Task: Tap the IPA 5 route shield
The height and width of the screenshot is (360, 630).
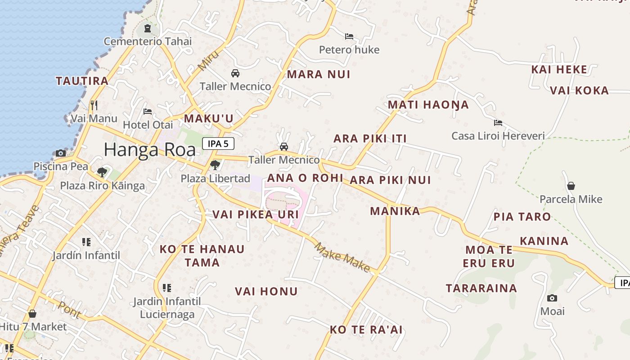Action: click(x=218, y=144)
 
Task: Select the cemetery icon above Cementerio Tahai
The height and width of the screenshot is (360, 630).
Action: click(x=147, y=29)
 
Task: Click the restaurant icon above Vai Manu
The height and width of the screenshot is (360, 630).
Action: click(x=94, y=105)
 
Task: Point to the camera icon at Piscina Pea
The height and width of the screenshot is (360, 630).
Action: click(x=61, y=153)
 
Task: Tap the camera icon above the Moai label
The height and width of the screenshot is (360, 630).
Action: click(x=552, y=298)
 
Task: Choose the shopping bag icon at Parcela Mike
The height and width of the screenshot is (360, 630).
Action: click(x=571, y=186)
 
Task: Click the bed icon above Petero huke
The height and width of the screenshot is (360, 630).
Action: click(x=349, y=36)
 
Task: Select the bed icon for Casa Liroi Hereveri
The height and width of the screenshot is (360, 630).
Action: click(x=498, y=122)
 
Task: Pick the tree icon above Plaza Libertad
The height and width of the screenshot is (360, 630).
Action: click(x=215, y=165)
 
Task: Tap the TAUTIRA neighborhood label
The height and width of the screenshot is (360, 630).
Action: click(x=82, y=81)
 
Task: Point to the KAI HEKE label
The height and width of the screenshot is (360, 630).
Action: click(x=559, y=69)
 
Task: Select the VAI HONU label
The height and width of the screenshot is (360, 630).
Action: click(x=266, y=292)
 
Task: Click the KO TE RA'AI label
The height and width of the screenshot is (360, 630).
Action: click(x=366, y=330)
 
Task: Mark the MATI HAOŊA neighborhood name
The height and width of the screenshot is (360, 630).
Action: click(x=428, y=105)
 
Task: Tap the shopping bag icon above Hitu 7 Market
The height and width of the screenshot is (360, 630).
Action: click(x=32, y=313)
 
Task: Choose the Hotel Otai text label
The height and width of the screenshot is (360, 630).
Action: click(x=148, y=124)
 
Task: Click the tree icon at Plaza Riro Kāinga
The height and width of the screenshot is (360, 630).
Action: click(x=102, y=172)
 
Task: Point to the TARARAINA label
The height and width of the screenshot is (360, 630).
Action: click(x=481, y=288)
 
